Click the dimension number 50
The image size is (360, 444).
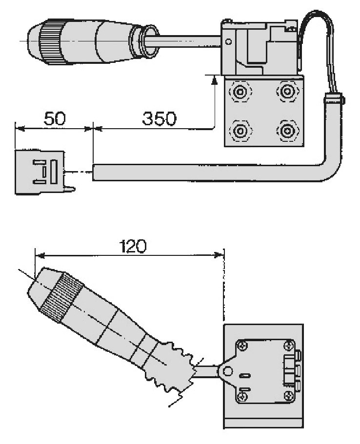point(55,118)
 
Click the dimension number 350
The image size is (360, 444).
point(159,118)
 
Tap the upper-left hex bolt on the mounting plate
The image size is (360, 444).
point(240,91)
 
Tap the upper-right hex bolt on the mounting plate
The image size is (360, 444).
point(287,91)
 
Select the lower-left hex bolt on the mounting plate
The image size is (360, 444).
point(240,131)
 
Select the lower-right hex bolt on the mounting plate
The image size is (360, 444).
point(287,131)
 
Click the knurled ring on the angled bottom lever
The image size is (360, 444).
point(62,298)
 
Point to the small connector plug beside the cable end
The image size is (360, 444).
point(40,172)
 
